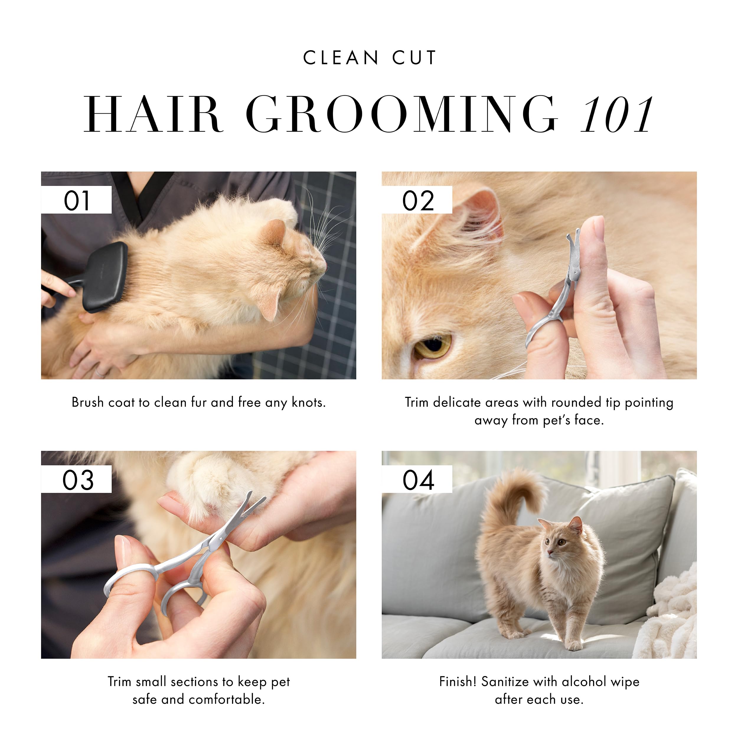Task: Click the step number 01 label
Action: pos(76,200)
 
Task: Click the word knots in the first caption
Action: pos(309,402)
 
